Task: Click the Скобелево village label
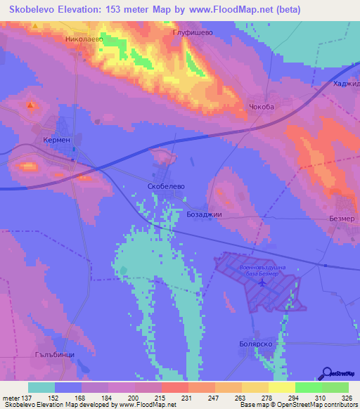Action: [x=166, y=186]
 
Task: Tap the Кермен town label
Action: [x=56, y=140]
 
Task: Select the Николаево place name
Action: [x=84, y=40]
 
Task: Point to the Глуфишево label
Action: [x=188, y=32]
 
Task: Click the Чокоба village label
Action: [x=260, y=107]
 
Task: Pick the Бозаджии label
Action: [x=205, y=213]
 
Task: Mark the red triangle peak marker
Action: [x=30, y=105]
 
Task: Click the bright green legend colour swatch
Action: [x=308, y=387]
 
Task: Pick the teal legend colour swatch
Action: [x=41, y=387]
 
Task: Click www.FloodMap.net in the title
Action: [x=233, y=10]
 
